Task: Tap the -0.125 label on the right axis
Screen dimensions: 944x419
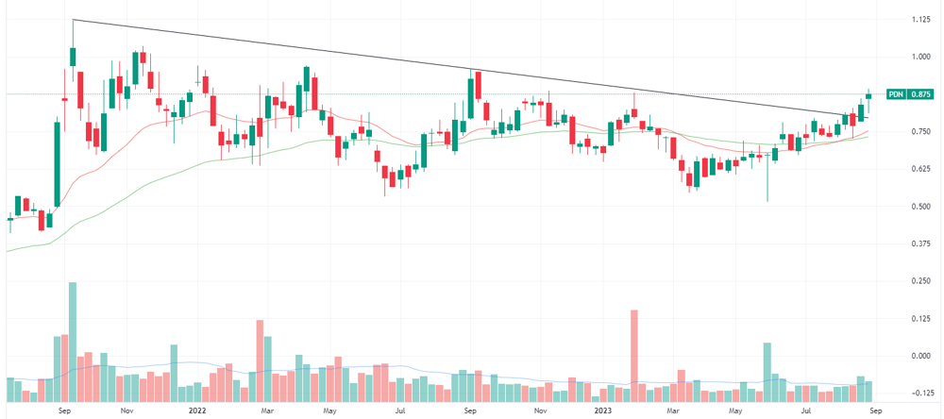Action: (x=919, y=394)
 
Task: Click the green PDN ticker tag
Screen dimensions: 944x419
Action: (x=897, y=94)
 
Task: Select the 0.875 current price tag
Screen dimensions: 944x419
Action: (x=920, y=94)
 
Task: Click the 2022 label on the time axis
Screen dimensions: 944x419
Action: (x=197, y=411)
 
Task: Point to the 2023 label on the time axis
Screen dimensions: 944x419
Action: (x=603, y=411)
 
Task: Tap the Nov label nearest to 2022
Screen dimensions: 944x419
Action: (x=126, y=411)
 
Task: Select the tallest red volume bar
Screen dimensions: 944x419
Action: (x=634, y=356)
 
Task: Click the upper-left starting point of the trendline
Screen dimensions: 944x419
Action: (x=73, y=20)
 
